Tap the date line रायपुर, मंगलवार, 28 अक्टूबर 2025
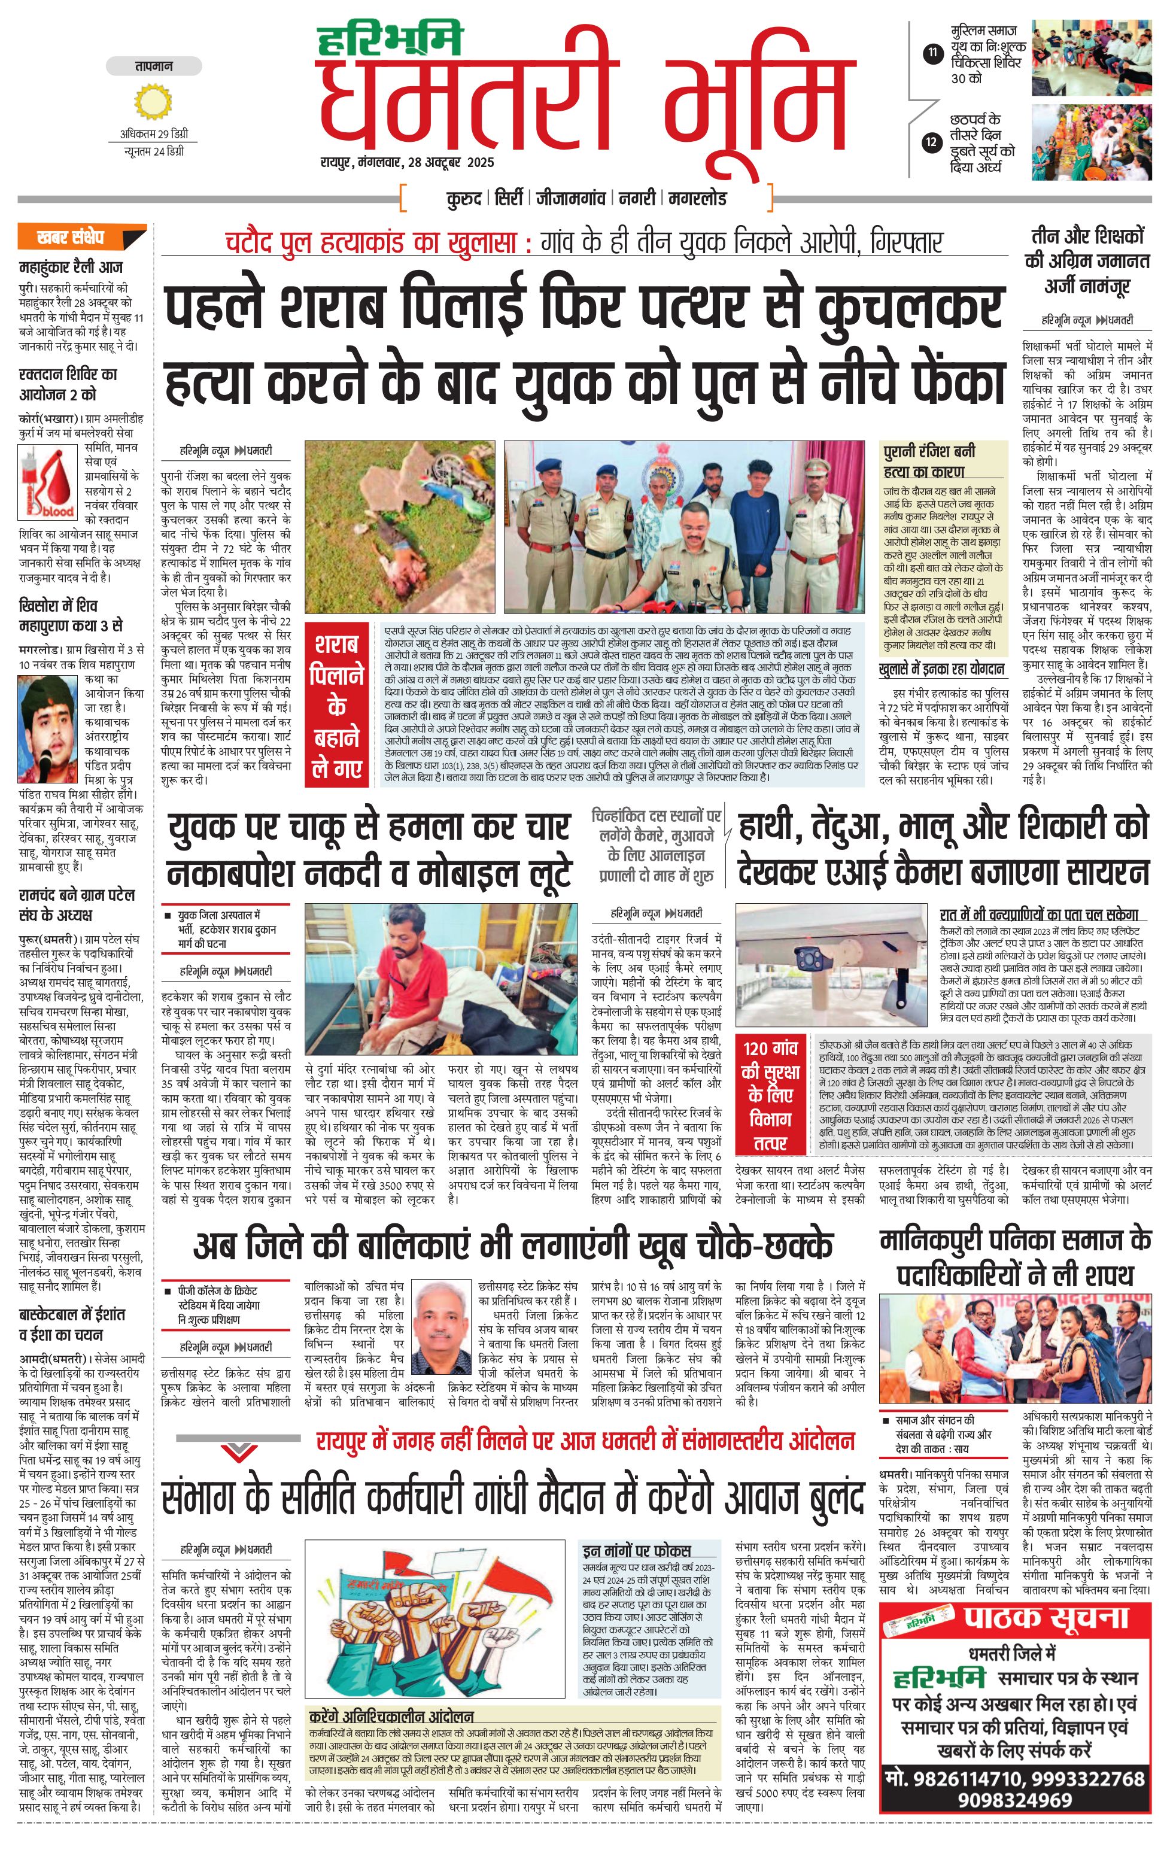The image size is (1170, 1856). pos(408,163)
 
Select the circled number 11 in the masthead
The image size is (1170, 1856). pos(932,54)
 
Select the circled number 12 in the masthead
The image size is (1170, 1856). pos(932,142)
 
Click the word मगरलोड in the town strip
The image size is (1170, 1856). pos(698,199)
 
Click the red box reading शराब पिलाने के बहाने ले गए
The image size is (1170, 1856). pos(336,706)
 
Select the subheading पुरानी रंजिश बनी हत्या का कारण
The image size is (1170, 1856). pos(929,461)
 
